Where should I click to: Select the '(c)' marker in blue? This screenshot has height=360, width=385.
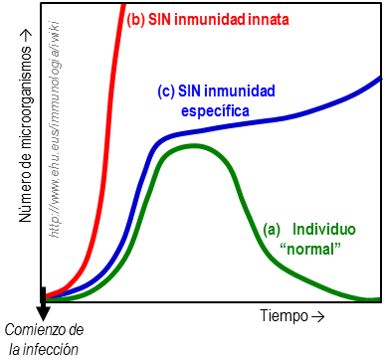(167, 91)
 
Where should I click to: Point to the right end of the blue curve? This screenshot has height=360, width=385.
(380, 77)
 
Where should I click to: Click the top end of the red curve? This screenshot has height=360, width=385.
(123, 4)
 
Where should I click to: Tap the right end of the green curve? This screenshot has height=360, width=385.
(379, 298)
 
